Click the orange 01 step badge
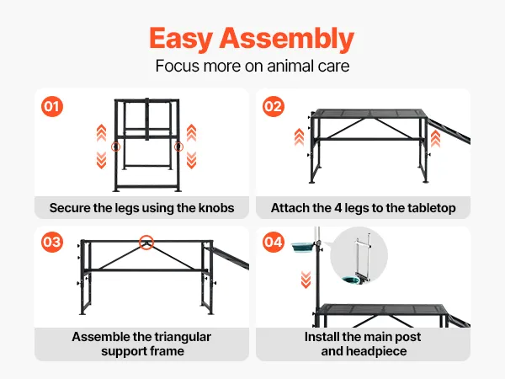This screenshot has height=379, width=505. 52,107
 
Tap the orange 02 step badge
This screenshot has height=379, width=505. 274,107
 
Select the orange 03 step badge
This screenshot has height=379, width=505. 52,242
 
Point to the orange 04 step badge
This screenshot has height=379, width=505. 274,242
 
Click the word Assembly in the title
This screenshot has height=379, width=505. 287,39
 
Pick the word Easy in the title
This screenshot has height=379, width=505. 180,39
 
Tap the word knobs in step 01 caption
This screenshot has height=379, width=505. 216,208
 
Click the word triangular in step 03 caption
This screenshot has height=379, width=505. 181,337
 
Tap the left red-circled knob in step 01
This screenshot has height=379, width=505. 115,147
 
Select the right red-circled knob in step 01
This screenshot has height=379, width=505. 178,147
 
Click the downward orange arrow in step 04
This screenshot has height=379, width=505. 306,280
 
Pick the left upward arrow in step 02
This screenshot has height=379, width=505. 299,137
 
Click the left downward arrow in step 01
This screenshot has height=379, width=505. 102,160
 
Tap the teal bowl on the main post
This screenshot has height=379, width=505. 302,248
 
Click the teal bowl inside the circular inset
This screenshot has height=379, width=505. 353,280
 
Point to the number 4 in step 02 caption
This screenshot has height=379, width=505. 338,208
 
